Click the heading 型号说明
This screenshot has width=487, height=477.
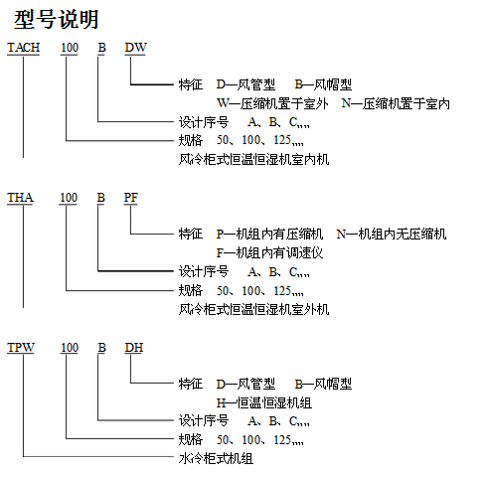[57, 19]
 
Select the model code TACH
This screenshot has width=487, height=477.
[24, 48]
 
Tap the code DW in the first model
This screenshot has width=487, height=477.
[135, 48]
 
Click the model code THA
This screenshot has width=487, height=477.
[20, 198]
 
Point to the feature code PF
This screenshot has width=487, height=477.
[131, 198]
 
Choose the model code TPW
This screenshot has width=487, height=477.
[21, 348]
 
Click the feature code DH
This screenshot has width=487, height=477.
[134, 348]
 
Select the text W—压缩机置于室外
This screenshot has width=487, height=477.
[272, 103]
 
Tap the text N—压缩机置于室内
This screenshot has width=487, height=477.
[396, 103]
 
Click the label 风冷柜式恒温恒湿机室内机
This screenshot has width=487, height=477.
[253, 160]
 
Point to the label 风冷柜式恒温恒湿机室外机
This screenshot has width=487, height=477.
[253, 310]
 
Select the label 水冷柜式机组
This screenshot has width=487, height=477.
[216, 459]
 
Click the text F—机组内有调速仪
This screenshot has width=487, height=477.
[269, 253]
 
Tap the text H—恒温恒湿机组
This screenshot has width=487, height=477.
[264, 403]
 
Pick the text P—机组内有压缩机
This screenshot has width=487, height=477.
[269, 235]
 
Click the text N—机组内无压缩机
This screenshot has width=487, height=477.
[392, 235]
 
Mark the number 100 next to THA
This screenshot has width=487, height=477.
[69, 198]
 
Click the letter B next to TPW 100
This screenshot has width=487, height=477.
[101, 348]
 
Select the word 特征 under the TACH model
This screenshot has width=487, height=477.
[191, 84]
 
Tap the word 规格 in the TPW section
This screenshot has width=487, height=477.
[191, 440]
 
